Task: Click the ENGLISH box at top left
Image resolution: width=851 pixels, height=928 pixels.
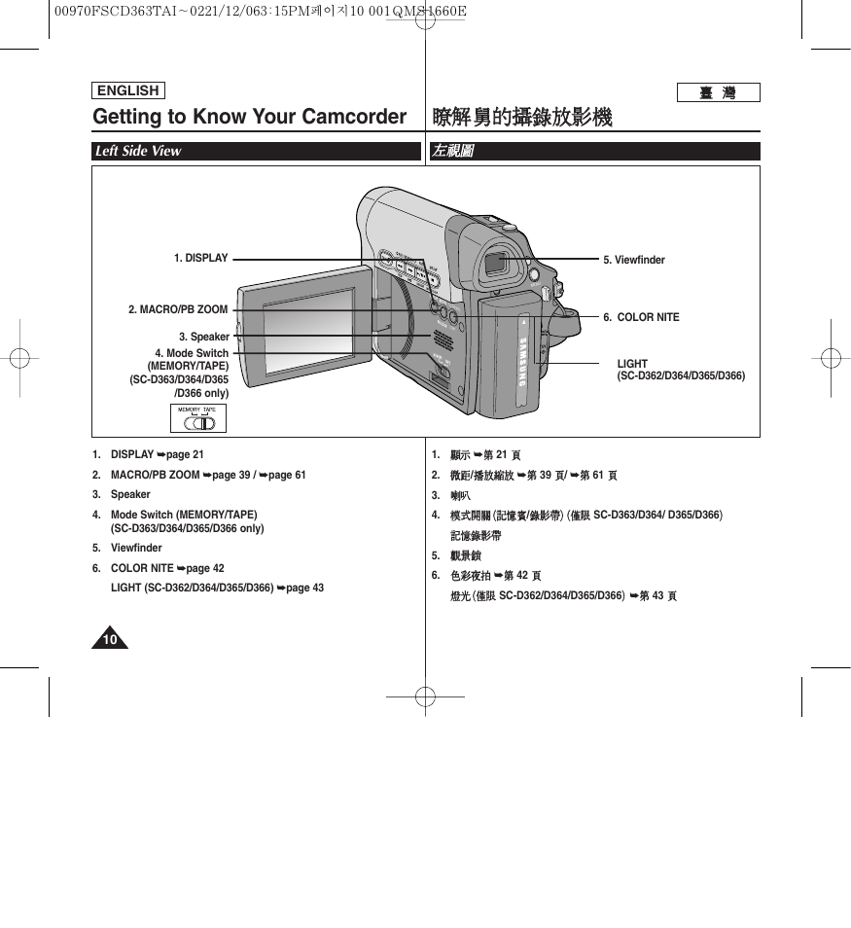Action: pyautogui.click(x=127, y=91)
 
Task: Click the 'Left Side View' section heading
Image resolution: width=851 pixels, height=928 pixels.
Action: pyautogui.click(x=138, y=151)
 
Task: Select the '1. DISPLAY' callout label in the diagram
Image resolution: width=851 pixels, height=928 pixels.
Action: pyautogui.click(x=201, y=259)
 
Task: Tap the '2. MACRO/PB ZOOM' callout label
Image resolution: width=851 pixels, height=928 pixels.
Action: pyautogui.click(x=178, y=310)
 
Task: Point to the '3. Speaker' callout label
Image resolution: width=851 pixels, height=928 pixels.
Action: pyautogui.click(x=203, y=338)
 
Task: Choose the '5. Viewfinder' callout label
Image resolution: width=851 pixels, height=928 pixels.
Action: pyautogui.click(x=634, y=261)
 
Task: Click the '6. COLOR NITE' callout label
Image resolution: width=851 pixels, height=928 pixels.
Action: pyautogui.click(x=641, y=318)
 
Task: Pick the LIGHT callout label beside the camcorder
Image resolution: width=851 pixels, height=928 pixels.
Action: pyautogui.click(x=632, y=364)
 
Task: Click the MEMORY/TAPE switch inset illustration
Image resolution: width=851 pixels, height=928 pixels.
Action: pyautogui.click(x=199, y=418)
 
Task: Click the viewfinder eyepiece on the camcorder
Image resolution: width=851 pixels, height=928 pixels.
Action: pyautogui.click(x=496, y=262)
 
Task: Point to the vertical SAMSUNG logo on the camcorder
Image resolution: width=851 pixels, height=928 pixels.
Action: pyautogui.click(x=521, y=361)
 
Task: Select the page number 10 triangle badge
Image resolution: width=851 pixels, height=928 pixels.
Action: pyautogui.click(x=110, y=639)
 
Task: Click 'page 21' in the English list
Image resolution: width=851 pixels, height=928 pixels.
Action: pyautogui.click(x=185, y=455)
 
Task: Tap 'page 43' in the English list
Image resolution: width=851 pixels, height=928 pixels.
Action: pyautogui.click(x=304, y=589)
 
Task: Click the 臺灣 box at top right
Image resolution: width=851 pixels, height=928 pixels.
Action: pyautogui.click(x=718, y=93)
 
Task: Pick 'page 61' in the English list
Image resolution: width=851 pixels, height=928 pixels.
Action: pyautogui.click(x=287, y=476)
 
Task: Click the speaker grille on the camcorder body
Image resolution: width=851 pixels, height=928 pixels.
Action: pyautogui.click(x=442, y=340)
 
